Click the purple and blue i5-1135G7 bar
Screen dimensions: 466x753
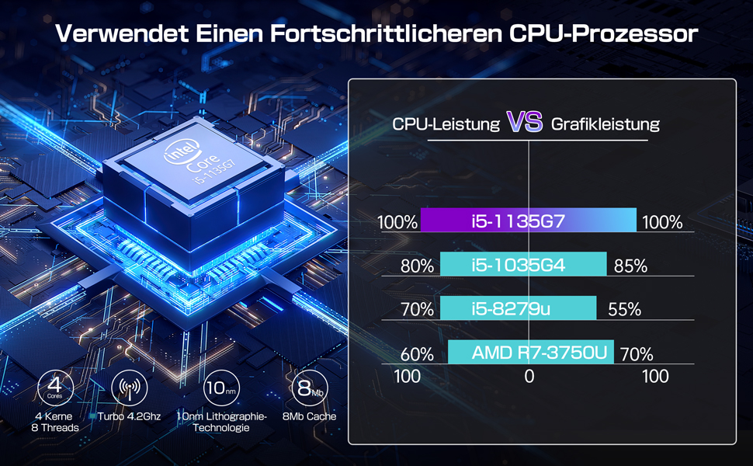coord(528,221)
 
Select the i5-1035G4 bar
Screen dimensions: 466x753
coord(522,264)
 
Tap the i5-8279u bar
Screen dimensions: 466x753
coord(518,308)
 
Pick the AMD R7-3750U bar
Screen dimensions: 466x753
coord(530,353)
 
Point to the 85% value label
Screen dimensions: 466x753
coord(630,266)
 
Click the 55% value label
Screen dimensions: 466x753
coord(624,310)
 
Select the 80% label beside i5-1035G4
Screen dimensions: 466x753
coord(417,266)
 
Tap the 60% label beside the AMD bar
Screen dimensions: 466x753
coord(417,354)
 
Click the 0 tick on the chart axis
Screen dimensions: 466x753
coord(529,377)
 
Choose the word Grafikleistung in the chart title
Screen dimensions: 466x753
coord(606,123)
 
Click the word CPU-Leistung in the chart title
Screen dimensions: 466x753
coord(446,123)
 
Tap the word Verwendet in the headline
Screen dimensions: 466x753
coord(108,35)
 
